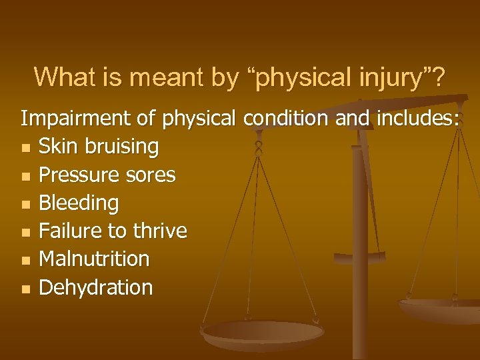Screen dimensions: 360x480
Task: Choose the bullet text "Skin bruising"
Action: (x=99, y=147)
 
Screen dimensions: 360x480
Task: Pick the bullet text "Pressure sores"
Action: (x=107, y=175)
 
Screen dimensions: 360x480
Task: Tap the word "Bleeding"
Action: (x=79, y=203)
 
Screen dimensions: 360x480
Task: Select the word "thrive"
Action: (x=161, y=231)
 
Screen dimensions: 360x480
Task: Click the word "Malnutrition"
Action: (x=95, y=259)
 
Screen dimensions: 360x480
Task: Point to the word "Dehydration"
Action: (x=96, y=287)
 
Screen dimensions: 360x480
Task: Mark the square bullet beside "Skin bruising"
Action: (x=25, y=148)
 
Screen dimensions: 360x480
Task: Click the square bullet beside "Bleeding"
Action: (x=25, y=204)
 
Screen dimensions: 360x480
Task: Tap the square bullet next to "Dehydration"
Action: (x=25, y=289)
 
